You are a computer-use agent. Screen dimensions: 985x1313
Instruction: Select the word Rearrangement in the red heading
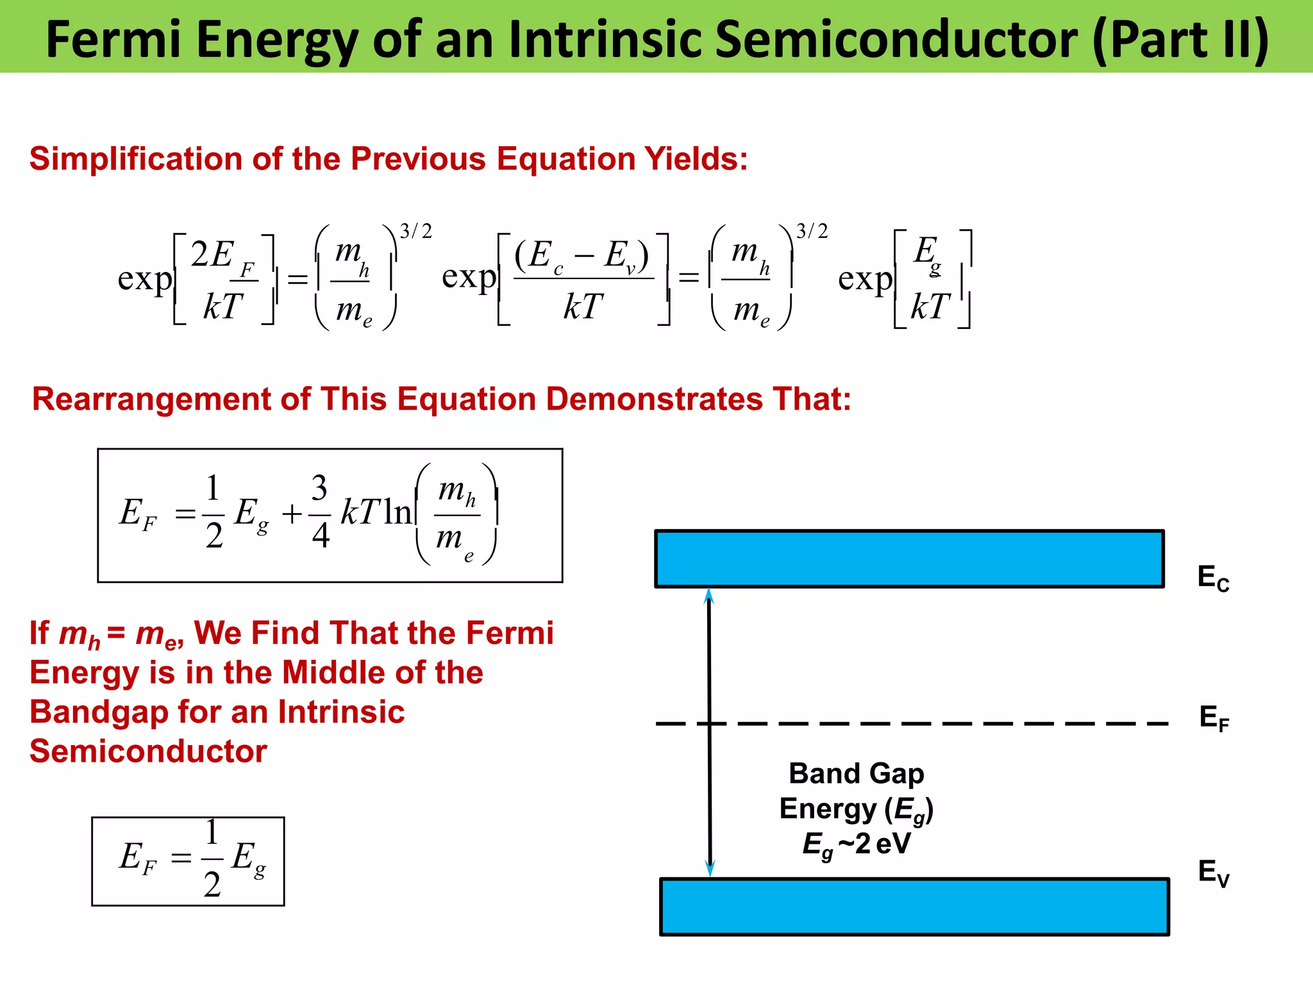point(152,399)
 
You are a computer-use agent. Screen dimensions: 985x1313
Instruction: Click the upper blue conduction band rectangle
point(909,559)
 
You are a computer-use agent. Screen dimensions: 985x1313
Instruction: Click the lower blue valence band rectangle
point(914,907)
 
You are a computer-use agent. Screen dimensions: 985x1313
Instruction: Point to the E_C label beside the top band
point(1213,578)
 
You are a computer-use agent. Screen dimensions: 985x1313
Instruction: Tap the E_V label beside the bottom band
point(1213,873)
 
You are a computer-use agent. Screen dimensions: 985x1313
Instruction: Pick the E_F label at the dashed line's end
point(1214,718)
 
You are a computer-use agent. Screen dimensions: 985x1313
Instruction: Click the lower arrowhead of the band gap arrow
point(710,868)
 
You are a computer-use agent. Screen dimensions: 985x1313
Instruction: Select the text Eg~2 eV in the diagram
point(856,844)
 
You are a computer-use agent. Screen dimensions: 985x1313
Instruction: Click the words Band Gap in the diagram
point(856,773)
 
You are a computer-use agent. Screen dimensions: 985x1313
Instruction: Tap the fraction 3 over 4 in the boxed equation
point(320,512)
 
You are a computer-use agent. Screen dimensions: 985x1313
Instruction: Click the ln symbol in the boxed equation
point(397,512)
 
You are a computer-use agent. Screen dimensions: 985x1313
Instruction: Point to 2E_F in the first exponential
point(221,257)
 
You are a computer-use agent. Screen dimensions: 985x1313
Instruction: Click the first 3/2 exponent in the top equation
point(415,231)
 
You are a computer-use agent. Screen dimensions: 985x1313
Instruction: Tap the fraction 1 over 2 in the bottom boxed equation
point(212,858)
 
